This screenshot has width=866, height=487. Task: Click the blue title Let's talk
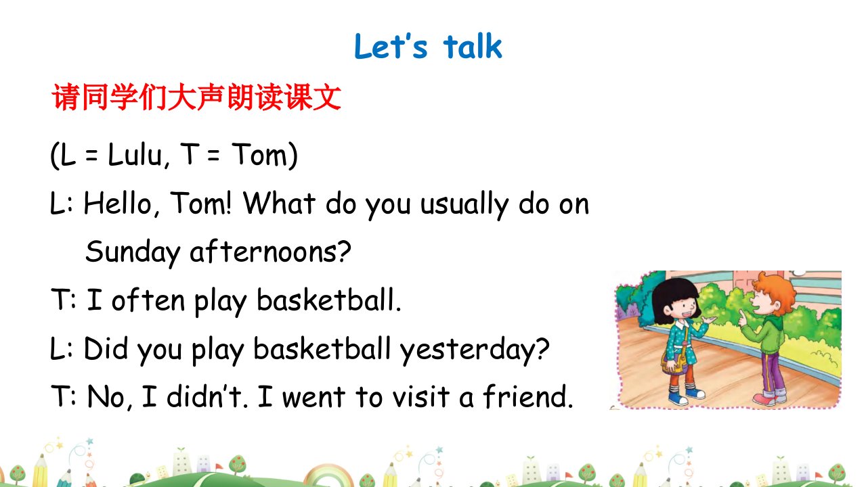428,47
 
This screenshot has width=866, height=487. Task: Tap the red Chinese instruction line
196,97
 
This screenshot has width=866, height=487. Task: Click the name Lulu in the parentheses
135,154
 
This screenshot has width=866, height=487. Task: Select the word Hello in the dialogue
117,204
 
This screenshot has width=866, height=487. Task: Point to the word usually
464,206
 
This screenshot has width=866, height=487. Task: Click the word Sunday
133,252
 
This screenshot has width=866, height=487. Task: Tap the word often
148,300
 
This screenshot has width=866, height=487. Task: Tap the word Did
106,348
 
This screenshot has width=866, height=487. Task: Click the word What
279,203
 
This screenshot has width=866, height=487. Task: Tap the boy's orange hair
775,291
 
